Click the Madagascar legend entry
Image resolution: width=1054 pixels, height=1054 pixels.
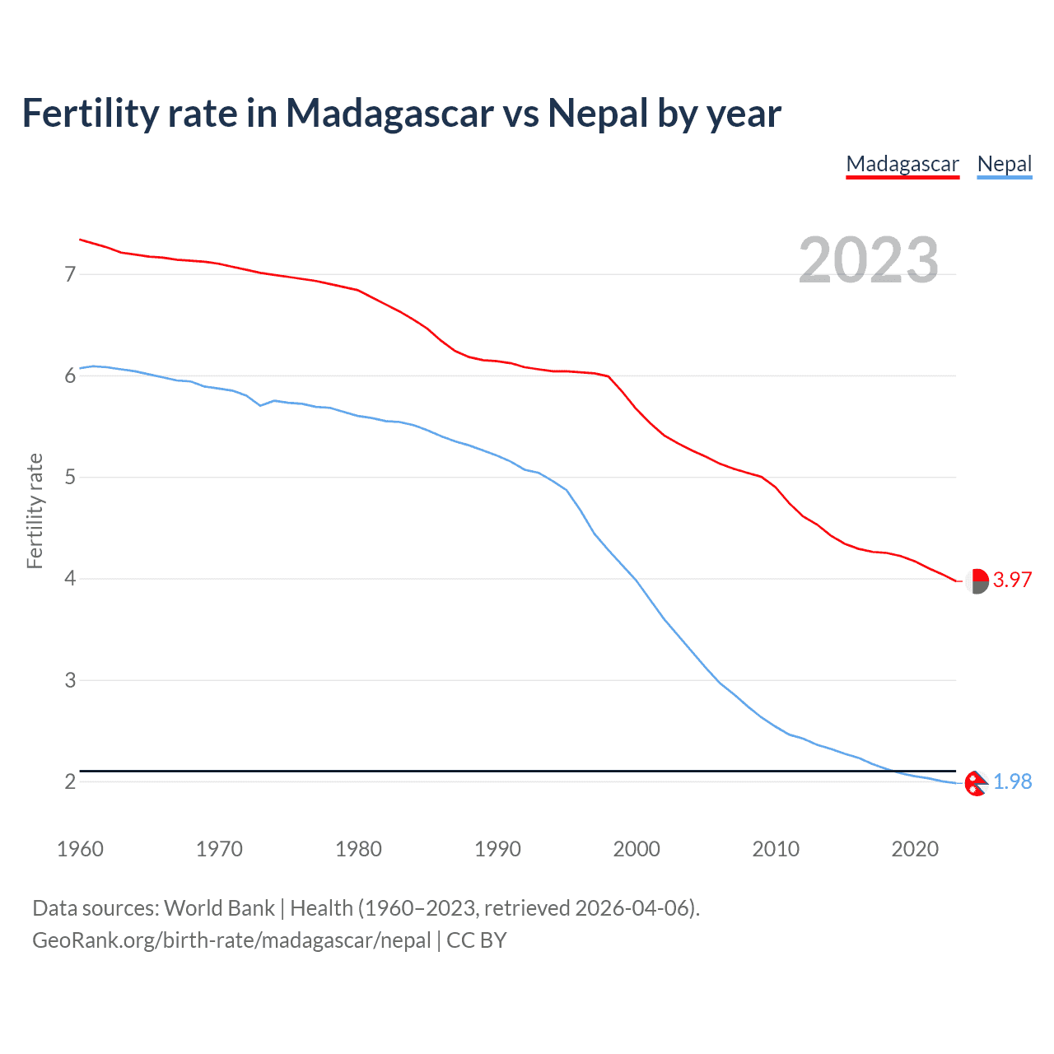click(902, 164)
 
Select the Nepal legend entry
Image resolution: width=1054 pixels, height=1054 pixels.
click(1004, 164)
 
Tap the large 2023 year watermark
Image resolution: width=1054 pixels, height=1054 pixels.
click(868, 260)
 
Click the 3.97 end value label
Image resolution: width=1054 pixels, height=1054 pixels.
click(1012, 580)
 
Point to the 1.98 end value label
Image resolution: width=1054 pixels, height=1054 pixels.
click(1012, 781)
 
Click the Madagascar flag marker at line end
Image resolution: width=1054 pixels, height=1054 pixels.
click(977, 581)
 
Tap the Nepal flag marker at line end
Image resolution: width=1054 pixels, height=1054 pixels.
click(976, 783)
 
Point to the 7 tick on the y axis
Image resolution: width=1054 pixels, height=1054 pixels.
click(70, 274)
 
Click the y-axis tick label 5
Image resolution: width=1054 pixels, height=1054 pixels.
click(70, 478)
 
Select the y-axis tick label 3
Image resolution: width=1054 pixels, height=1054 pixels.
click(70, 680)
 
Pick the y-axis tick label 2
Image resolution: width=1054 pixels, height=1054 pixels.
click(70, 781)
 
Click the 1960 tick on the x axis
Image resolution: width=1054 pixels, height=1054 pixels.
click(80, 849)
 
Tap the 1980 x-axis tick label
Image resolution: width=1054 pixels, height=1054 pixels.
click(358, 849)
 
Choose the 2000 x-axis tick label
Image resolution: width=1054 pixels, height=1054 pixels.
click(637, 849)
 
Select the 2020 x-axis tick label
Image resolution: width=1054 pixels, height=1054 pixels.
click(915, 849)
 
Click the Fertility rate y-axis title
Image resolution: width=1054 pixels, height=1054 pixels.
click(35, 511)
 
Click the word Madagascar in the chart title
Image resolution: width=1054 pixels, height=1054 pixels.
click(389, 113)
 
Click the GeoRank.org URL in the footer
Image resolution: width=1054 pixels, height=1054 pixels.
click(231, 940)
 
